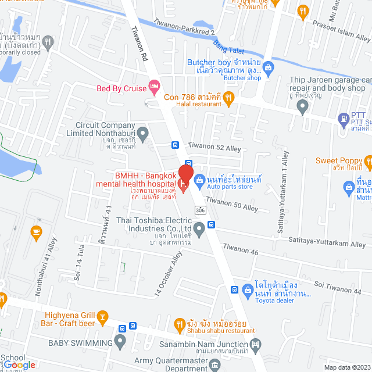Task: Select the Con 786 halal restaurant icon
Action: tap(228, 97)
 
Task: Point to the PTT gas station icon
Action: tap(343, 119)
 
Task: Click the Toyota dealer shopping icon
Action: tap(246, 288)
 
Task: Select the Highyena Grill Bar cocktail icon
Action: tap(103, 316)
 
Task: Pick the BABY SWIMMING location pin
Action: tap(120, 343)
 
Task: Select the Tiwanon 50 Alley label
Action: tap(232, 204)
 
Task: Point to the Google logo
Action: tap(19, 364)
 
